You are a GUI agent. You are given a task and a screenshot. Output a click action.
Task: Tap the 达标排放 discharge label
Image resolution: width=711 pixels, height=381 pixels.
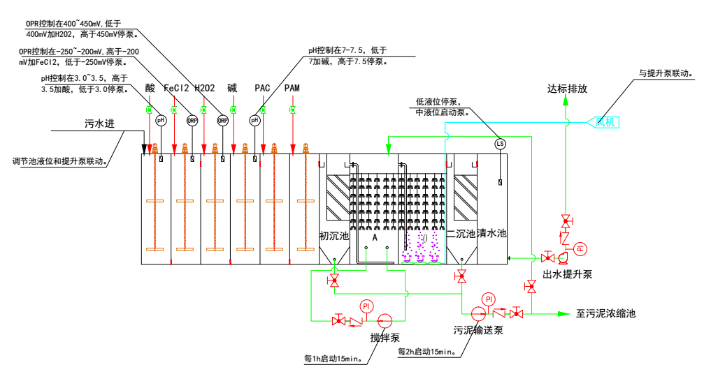tap(567, 89)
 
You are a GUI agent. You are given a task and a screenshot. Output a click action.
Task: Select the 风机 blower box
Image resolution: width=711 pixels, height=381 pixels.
tap(607, 123)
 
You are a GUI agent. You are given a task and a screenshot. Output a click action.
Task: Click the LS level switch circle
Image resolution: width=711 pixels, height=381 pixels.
tap(500, 144)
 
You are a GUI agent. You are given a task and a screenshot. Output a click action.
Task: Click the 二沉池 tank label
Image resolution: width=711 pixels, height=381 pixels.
tap(461, 234)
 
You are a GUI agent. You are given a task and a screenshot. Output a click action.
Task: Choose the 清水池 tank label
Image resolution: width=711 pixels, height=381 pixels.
tap(491, 234)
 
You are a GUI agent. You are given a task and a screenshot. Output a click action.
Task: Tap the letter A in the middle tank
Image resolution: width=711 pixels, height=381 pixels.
tap(375, 237)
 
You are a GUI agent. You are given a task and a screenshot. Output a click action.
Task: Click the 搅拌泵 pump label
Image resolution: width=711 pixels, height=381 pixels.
tap(385, 338)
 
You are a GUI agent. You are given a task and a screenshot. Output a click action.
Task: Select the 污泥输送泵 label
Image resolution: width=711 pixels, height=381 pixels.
tap(478, 330)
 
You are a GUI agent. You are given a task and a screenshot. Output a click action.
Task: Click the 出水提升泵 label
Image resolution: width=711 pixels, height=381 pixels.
tap(567, 274)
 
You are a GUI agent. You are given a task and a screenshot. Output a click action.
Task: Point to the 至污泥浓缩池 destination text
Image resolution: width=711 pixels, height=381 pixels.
tap(605, 314)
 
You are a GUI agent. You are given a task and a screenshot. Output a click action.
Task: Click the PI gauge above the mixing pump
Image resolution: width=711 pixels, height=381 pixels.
tap(366, 306)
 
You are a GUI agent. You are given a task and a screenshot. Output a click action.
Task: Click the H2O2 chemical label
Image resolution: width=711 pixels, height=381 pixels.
tap(204, 89)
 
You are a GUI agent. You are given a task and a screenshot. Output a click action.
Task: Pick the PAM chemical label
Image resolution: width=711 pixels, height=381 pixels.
tap(292, 89)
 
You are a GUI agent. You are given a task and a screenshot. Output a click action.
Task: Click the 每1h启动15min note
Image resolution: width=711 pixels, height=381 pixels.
tap(333, 360)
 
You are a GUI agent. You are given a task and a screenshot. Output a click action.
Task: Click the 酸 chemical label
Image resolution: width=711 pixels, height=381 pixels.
tap(150, 89)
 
